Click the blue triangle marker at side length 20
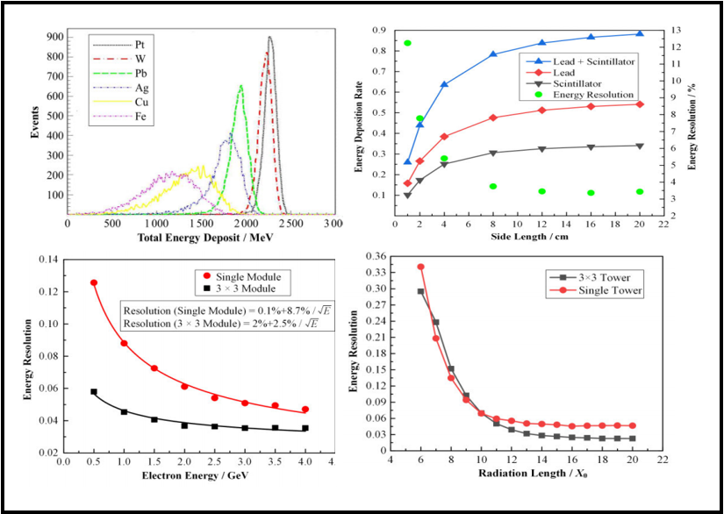(x=640, y=33)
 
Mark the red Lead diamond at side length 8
(x=493, y=118)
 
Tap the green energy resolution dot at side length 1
(x=408, y=43)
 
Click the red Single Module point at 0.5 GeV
(x=94, y=282)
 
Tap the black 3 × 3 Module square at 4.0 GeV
(x=305, y=428)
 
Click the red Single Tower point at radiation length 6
(x=420, y=267)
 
